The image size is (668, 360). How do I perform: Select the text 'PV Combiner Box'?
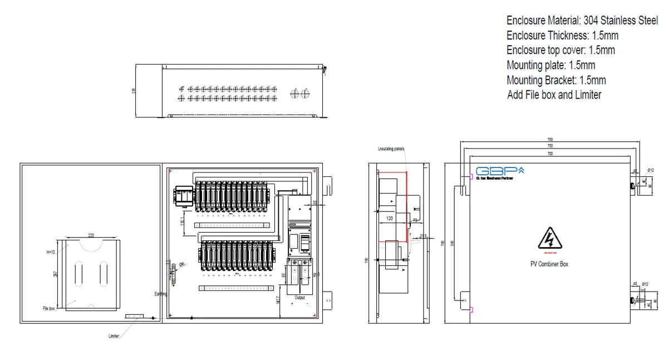(549, 264)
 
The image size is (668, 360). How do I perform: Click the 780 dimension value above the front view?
(550, 140)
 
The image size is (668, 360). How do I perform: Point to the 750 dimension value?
(550, 146)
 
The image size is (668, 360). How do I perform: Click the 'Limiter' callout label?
(114, 336)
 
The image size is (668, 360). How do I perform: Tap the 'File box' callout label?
(48, 308)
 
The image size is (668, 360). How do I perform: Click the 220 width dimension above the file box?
(91, 235)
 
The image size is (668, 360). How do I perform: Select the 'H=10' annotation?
(51, 251)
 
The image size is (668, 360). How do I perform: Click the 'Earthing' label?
(160, 294)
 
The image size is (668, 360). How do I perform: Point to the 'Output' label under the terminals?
(300, 297)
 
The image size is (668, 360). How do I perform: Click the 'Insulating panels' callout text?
(391, 149)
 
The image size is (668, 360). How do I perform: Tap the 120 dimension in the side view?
(390, 219)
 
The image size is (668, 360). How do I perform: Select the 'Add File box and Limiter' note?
(554, 95)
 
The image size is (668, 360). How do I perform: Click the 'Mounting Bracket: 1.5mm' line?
(556, 80)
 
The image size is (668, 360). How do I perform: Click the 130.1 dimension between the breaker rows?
(182, 221)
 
